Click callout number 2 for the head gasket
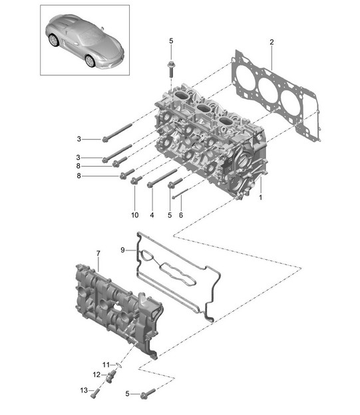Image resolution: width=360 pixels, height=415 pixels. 271,42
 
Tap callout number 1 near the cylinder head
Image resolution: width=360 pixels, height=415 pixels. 260,197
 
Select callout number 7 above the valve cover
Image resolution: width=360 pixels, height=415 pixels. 98,253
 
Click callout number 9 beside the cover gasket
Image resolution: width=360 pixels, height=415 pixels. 122,250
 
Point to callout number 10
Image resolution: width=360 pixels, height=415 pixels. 135,215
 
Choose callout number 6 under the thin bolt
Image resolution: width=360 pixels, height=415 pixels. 181,215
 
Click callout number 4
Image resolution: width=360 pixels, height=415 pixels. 152,215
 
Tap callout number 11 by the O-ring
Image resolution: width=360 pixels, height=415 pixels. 106,365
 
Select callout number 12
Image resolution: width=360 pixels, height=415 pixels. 96,375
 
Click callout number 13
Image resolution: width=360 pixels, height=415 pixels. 84,390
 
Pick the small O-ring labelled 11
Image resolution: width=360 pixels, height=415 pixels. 119,365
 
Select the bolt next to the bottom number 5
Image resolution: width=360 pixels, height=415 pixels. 148,393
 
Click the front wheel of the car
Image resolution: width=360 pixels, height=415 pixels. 90,61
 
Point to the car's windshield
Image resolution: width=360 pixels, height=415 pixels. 90,35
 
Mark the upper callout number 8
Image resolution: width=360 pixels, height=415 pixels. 79,166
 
